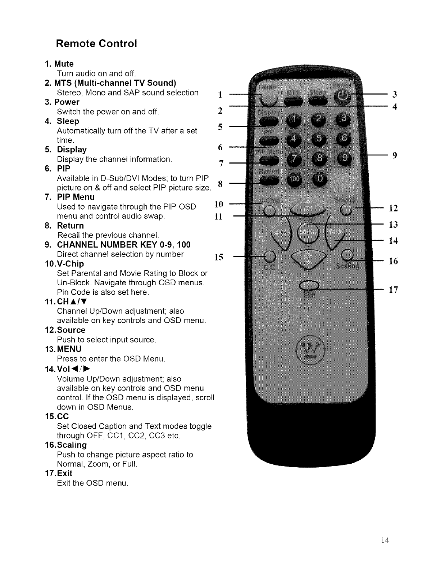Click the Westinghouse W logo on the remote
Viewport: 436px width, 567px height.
coord(309,348)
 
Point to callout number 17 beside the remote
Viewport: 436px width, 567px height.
coord(394,290)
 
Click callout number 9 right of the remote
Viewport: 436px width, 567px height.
coord(395,155)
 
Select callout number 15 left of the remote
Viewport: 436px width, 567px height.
coord(219,257)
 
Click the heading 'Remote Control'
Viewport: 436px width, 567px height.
coord(96,44)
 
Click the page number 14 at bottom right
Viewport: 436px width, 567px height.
coord(386,540)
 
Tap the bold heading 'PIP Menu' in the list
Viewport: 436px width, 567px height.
coord(76,197)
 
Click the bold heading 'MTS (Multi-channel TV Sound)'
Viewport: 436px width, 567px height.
coord(115,83)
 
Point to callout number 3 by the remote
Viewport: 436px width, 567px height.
coord(395,95)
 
